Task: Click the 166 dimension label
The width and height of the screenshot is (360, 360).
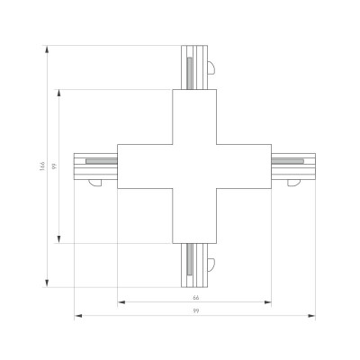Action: pos(42,166)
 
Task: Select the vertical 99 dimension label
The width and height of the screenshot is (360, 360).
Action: pos(54,166)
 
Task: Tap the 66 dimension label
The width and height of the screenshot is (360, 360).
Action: pos(195,298)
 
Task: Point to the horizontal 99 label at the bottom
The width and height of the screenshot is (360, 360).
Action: pos(195,311)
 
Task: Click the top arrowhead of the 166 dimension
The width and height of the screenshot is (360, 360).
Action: pos(47,49)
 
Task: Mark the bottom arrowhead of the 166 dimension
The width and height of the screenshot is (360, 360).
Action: pos(47,283)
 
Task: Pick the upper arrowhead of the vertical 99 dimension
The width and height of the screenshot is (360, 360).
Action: pos(59,94)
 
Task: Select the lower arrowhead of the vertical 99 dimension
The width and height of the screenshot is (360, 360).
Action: pos(59,239)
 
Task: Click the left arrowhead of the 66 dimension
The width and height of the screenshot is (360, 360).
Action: pos(121,302)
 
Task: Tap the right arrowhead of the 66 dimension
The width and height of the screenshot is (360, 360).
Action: pos(267,302)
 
